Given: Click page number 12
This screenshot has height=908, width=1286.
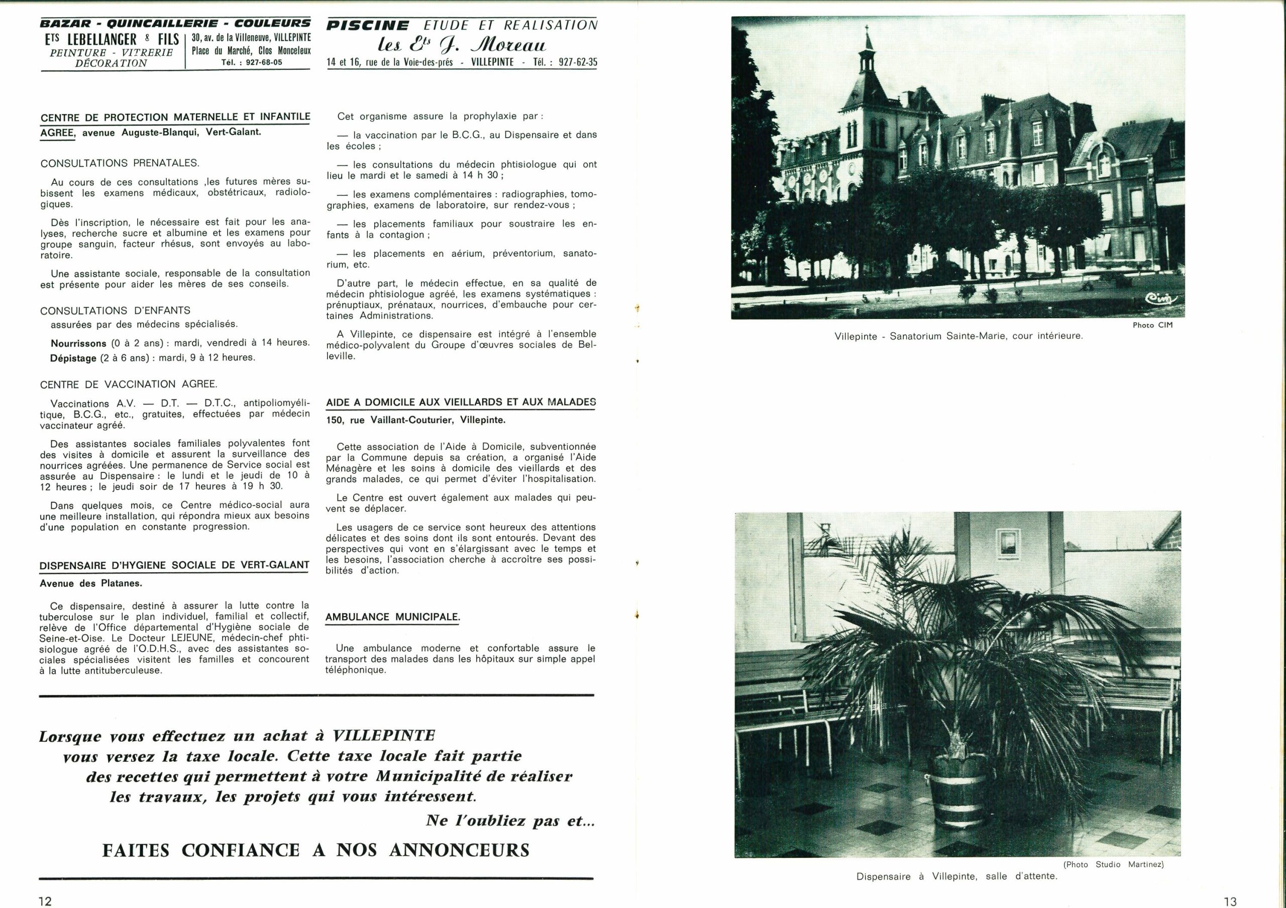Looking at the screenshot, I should point(45,900).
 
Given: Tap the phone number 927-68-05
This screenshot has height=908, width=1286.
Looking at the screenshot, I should point(260,62).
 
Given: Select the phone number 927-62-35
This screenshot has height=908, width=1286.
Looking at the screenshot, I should point(578,62).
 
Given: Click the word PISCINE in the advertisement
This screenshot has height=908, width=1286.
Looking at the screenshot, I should point(368,26).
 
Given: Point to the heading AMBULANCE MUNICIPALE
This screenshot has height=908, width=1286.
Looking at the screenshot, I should point(392,617).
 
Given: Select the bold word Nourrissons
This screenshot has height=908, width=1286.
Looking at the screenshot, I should point(78,343).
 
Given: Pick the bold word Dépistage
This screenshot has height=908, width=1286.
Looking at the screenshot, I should point(73,358).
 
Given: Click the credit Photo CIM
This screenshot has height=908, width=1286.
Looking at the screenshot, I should point(1152,325).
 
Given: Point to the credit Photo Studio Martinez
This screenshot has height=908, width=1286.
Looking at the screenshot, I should point(1114,864).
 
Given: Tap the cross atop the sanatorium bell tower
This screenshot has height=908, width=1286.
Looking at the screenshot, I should point(868,29).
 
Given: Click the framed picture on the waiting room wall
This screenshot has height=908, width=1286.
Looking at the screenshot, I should point(1008,545).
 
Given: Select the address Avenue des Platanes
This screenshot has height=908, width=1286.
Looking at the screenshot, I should point(91,583).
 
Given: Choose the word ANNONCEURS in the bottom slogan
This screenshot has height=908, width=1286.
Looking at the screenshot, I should point(459,850).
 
